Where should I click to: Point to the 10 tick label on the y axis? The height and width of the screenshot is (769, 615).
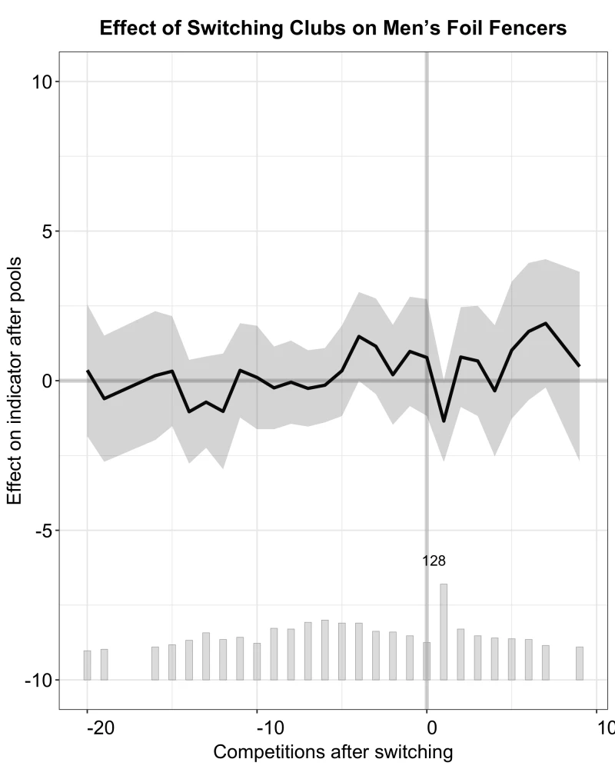click(x=42, y=82)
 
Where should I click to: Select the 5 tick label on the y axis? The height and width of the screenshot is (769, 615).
click(x=47, y=231)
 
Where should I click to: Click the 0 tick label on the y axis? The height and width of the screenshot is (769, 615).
click(x=47, y=381)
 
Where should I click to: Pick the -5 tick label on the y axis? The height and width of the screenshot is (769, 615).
click(x=44, y=531)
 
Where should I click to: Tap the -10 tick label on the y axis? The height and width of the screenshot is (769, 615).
click(x=38, y=681)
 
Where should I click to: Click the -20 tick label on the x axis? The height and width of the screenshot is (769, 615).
click(x=101, y=727)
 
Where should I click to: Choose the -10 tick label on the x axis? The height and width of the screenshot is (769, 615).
click(x=271, y=727)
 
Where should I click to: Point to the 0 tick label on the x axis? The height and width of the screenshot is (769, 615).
click(x=431, y=727)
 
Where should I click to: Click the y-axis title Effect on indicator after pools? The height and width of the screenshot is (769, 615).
click(x=15, y=381)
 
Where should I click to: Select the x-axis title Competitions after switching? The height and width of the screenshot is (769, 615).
click(x=333, y=752)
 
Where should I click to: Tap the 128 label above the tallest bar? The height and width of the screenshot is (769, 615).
click(x=434, y=561)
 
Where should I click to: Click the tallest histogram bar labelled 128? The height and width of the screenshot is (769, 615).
click(x=444, y=631)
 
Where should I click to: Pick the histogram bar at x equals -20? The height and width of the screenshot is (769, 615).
click(x=88, y=665)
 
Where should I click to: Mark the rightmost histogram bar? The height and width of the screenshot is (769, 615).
click(x=579, y=663)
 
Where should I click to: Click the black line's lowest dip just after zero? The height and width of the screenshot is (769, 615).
click(x=444, y=421)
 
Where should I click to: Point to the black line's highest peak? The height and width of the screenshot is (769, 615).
click(x=545, y=323)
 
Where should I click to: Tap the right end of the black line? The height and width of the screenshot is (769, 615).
click(x=579, y=365)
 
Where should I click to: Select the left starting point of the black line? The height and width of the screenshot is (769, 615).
click(x=88, y=371)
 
